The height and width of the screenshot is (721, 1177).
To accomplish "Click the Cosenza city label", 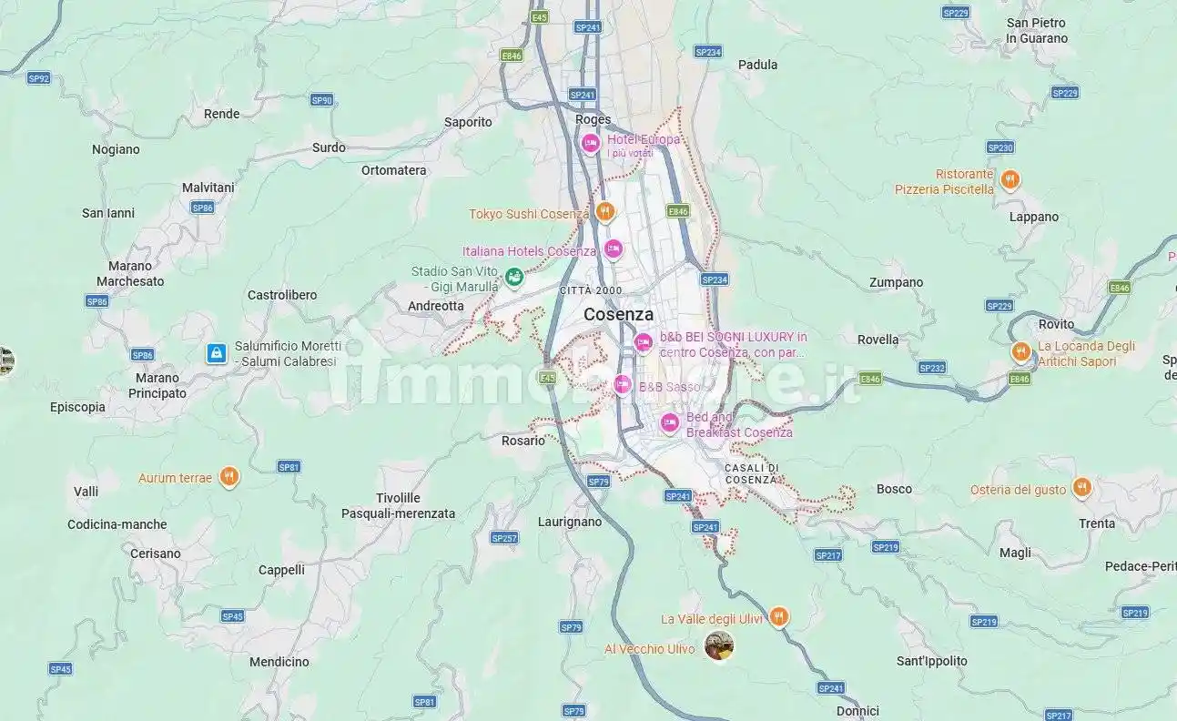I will pos(618,314).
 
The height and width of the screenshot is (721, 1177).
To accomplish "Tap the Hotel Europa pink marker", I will pos(590,143).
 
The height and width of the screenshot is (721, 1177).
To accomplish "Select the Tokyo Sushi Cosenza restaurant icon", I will pos(605,212).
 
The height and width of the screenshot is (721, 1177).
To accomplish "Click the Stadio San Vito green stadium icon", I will pos(513,276).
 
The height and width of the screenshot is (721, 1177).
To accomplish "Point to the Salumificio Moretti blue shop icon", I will pos(216,352).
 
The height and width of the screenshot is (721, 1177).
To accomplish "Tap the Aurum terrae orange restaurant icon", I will pos(229,476).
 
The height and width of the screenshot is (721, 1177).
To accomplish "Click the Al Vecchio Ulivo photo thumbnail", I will pos(719,645).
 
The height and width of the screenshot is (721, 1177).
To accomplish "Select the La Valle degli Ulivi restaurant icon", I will pos(778,616).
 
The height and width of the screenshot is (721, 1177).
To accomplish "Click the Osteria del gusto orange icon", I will pos(1081,487).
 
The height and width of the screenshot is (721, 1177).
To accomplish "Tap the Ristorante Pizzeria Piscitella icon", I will pos(1009,179).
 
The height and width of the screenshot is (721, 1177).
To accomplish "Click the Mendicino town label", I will pos(279,662).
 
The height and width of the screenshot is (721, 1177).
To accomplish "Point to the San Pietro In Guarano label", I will pos(1037,30).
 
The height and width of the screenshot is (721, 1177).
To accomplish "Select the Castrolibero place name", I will pos(282,295).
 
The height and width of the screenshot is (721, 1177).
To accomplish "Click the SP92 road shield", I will pos(38,78).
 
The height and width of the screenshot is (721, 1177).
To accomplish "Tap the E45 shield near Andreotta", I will pos(547,377).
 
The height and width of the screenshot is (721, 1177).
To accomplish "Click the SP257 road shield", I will pos(504,538).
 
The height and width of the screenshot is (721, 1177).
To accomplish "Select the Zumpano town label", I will pos(896,282).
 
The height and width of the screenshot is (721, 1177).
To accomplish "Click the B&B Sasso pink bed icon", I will pos(623,384).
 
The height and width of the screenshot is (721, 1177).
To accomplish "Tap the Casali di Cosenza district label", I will pos(751,473).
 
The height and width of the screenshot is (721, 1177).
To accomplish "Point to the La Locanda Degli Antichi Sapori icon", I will pos(1020,351).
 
